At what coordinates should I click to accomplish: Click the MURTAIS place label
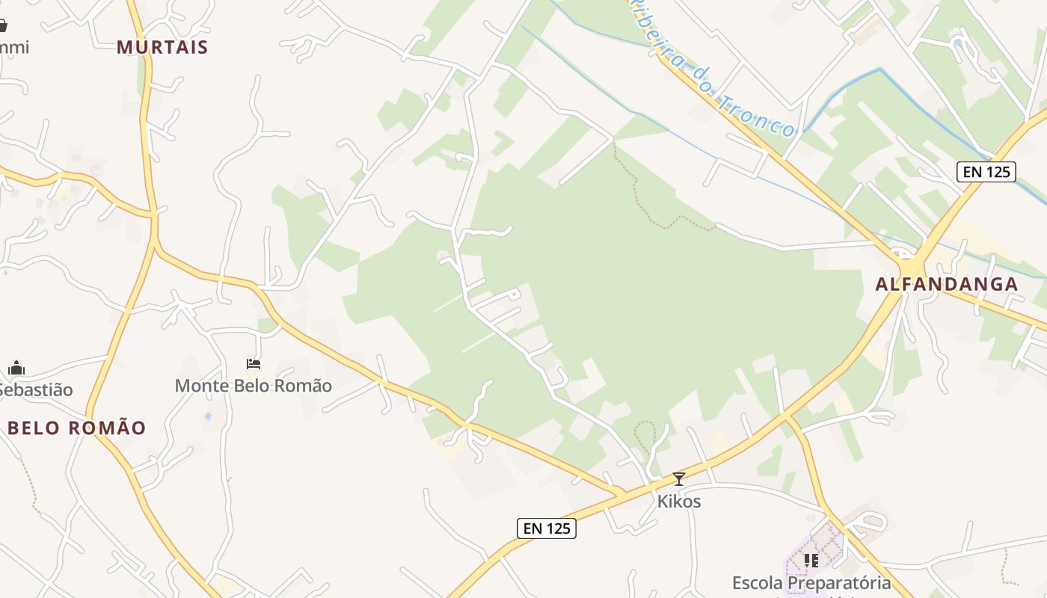162,47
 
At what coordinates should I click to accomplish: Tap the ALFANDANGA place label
947,284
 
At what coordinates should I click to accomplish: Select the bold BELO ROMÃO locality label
77,428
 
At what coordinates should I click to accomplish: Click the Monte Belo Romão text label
253,386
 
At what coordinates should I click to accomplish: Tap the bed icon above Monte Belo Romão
254,364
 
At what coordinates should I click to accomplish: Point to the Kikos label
679,501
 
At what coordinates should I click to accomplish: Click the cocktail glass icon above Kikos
679,479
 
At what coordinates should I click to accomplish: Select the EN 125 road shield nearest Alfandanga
986,172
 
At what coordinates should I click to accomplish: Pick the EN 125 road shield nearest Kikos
547,528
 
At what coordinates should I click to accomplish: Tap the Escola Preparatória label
811,582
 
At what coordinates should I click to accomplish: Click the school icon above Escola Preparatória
811,560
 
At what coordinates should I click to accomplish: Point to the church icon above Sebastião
16,368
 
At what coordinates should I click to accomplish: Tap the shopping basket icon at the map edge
2,26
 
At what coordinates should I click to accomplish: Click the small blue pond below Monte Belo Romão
207,416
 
